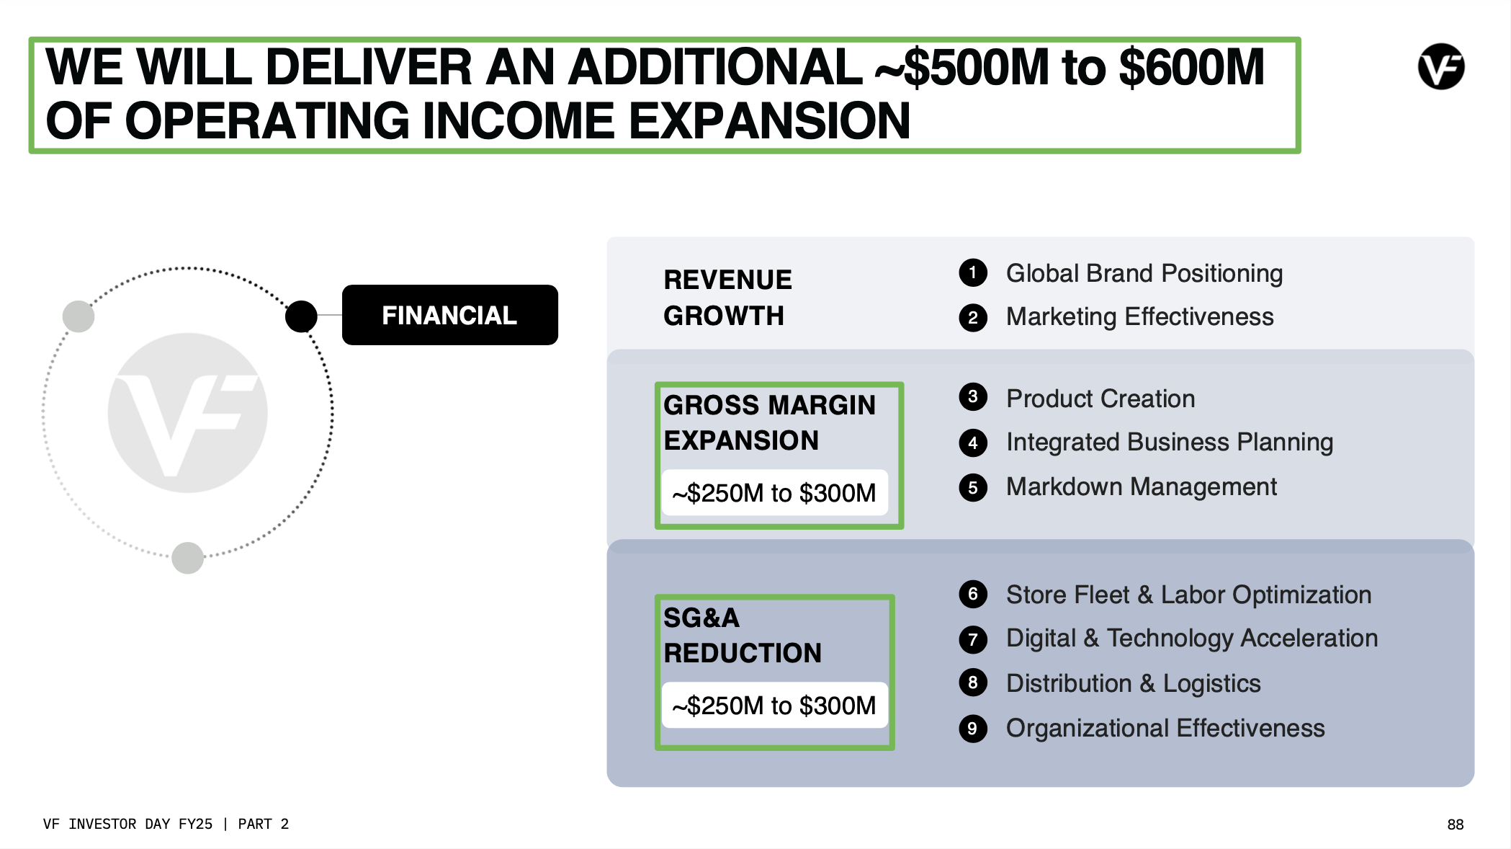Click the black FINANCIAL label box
click(x=449, y=315)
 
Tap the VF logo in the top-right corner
click(x=1441, y=66)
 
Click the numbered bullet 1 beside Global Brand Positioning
click(x=973, y=272)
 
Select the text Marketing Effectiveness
click(x=1139, y=317)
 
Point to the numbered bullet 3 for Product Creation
click(x=973, y=396)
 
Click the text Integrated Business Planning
click(x=1170, y=443)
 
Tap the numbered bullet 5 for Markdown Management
click(x=973, y=487)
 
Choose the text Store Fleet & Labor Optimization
click(x=1188, y=595)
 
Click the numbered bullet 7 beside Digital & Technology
click(x=973, y=639)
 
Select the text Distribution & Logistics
click(x=1133, y=683)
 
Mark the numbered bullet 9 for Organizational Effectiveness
click(x=973, y=728)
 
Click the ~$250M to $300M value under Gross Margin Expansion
click(x=774, y=493)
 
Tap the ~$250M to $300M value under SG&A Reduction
click(x=774, y=706)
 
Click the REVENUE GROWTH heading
click(x=727, y=298)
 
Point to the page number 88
click(x=1456, y=824)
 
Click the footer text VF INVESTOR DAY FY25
click(x=127, y=824)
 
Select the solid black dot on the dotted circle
click(x=301, y=316)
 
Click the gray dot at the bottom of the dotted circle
click(x=188, y=558)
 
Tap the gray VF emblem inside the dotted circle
click(x=187, y=413)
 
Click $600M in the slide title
click(x=1192, y=67)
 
